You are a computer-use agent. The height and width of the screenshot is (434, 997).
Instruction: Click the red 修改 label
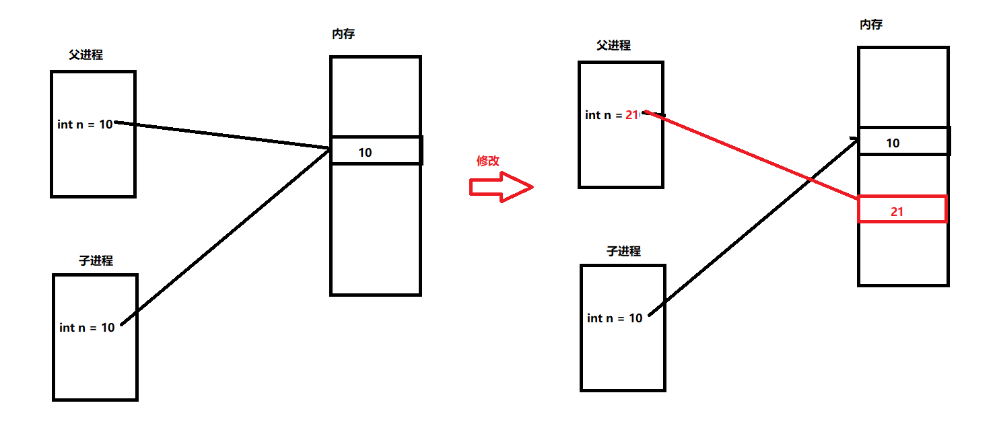click(488, 161)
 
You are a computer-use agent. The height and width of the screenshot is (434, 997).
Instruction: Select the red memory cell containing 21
click(901, 210)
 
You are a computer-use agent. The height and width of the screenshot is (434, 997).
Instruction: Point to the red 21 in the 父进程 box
click(631, 115)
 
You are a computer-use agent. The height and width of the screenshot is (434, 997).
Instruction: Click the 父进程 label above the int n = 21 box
click(613, 46)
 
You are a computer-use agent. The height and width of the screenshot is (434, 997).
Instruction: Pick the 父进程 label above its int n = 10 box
click(85, 55)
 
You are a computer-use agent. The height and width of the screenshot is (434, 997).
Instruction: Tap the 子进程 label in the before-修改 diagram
click(96, 261)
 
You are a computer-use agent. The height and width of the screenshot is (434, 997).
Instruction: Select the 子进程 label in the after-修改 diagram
click(623, 252)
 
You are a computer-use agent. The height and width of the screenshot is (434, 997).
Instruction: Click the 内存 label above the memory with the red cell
click(871, 25)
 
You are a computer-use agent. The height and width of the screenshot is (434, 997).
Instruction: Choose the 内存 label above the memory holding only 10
click(343, 34)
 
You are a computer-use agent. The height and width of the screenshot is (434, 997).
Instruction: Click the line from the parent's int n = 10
click(222, 135)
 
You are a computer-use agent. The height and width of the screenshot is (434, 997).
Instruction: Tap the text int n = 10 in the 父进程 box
click(85, 124)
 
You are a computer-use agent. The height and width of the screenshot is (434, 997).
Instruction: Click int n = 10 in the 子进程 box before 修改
click(87, 328)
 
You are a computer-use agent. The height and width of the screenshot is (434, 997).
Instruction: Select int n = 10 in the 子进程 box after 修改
click(615, 318)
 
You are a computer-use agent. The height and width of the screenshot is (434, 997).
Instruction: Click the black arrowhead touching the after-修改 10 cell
click(854, 140)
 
